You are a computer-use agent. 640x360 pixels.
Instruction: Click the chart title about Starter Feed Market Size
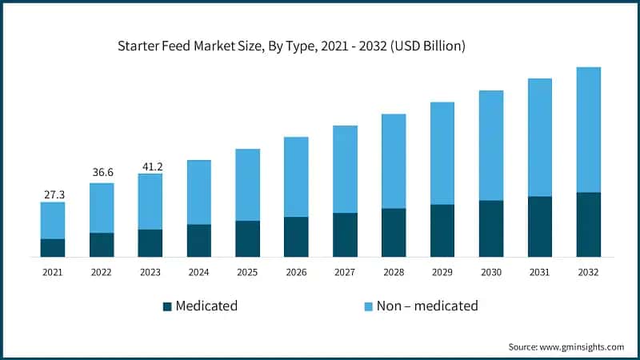[291, 47]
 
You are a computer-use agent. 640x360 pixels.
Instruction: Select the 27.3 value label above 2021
[53, 194]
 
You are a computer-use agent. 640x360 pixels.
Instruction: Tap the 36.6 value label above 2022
[102, 172]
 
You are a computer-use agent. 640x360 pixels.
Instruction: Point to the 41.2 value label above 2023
[150, 166]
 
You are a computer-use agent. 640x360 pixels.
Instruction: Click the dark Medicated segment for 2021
[53, 248]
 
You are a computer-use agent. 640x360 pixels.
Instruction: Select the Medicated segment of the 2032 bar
[588, 225]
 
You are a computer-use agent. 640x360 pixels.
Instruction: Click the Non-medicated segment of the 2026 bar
[296, 177]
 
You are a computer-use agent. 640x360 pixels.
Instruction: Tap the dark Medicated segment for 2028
[394, 233]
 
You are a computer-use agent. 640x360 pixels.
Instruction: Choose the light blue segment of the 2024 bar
[199, 192]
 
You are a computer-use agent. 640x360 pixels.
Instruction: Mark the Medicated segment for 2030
[491, 229]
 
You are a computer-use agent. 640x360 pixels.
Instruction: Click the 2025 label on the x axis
[247, 273]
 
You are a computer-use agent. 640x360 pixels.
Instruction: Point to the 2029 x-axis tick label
[442, 273]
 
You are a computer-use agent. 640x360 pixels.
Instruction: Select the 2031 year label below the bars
[540, 273]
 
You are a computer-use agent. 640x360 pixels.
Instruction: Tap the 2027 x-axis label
[345, 273]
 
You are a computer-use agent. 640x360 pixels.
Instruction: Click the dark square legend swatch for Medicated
[167, 306]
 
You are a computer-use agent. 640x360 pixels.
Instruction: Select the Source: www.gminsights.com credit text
[566, 347]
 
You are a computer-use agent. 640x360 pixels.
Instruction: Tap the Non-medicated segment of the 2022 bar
[102, 208]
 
